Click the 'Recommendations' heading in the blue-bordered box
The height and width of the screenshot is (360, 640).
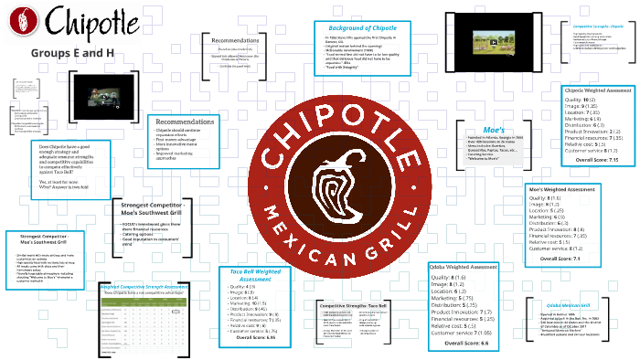185,122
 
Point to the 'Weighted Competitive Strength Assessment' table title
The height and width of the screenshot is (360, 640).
145,286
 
